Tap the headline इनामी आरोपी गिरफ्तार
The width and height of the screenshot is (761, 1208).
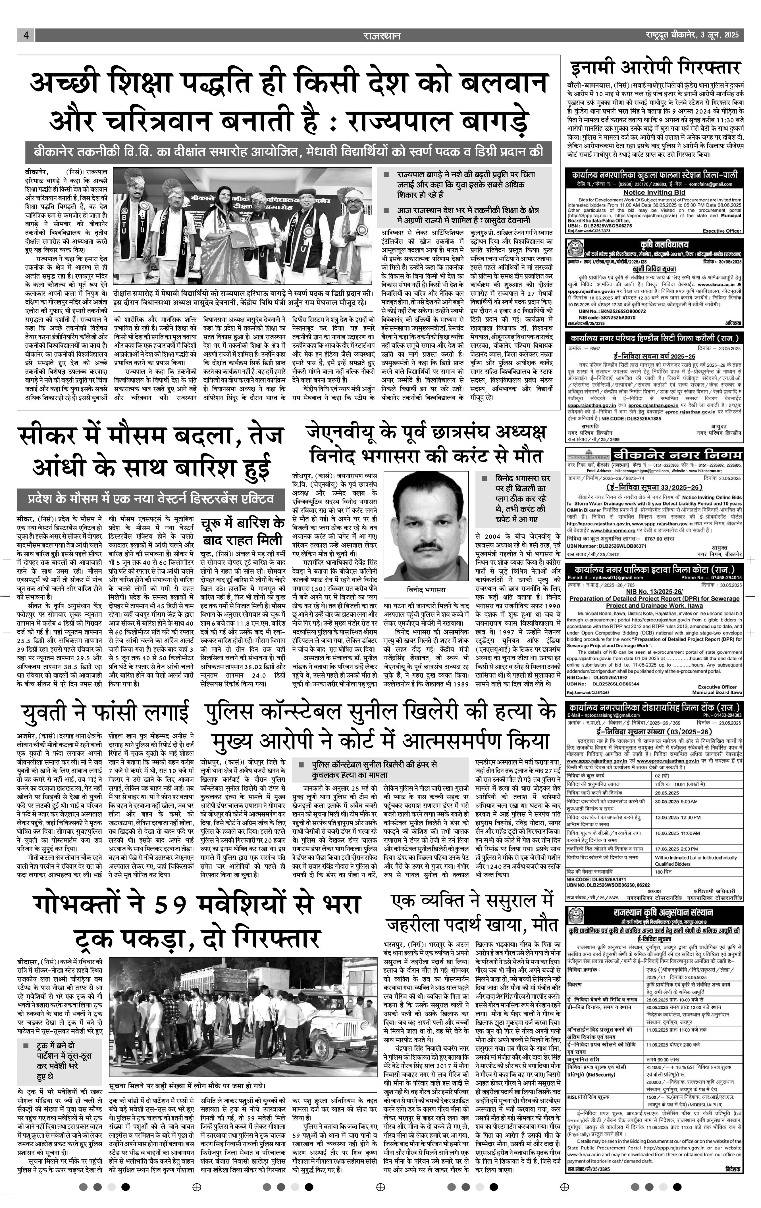656,67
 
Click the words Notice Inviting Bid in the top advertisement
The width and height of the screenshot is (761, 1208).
654,192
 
